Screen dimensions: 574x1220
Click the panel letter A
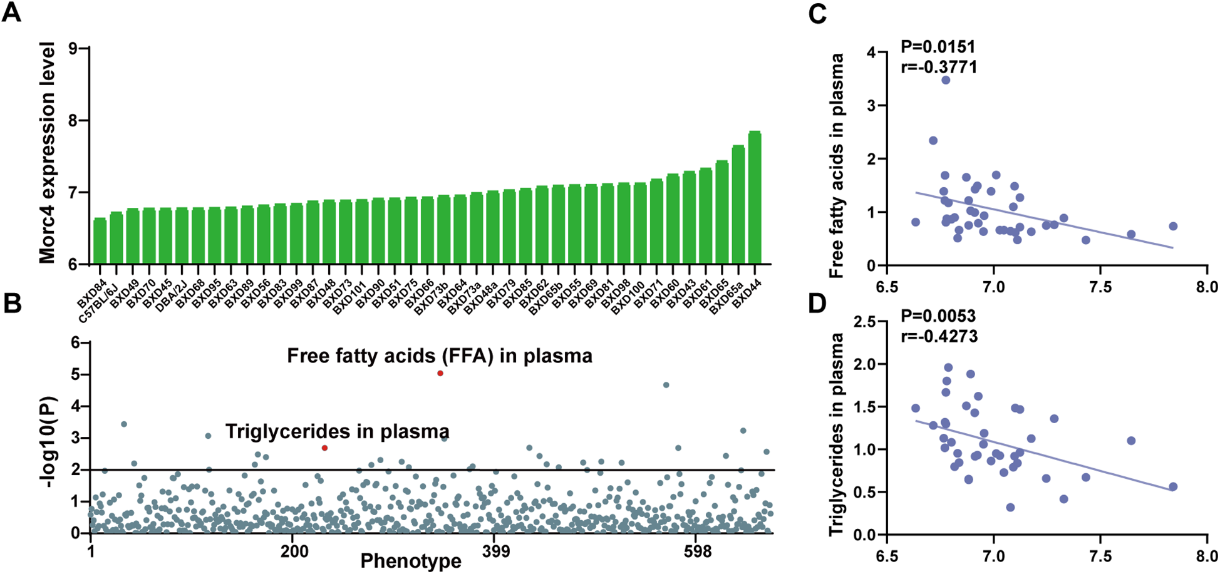(x=11, y=13)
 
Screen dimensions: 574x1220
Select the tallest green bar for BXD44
(x=754, y=197)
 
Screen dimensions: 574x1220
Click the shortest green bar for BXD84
(x=100, y=241)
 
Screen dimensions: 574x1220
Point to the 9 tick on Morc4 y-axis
(x=81, y=48)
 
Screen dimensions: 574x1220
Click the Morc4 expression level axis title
(x=48, y=153)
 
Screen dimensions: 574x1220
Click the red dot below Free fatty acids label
(x=440, y=373)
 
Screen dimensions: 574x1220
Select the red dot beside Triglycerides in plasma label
(x=324, y=448)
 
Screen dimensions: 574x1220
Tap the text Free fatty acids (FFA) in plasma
(x=439, y=356)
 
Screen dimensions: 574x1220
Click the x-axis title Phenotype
(x=410, y=561)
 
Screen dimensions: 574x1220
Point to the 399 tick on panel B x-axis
(x=495, y=551)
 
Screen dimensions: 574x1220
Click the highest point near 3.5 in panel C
(x=946, y=80)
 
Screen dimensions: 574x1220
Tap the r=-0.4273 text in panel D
(x=939, y=336)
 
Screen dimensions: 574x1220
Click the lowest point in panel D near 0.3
(x=1010, y=507)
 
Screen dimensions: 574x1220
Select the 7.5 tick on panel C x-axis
(x=1100, y=288)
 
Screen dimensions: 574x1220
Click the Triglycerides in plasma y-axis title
(x=835, y=434)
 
